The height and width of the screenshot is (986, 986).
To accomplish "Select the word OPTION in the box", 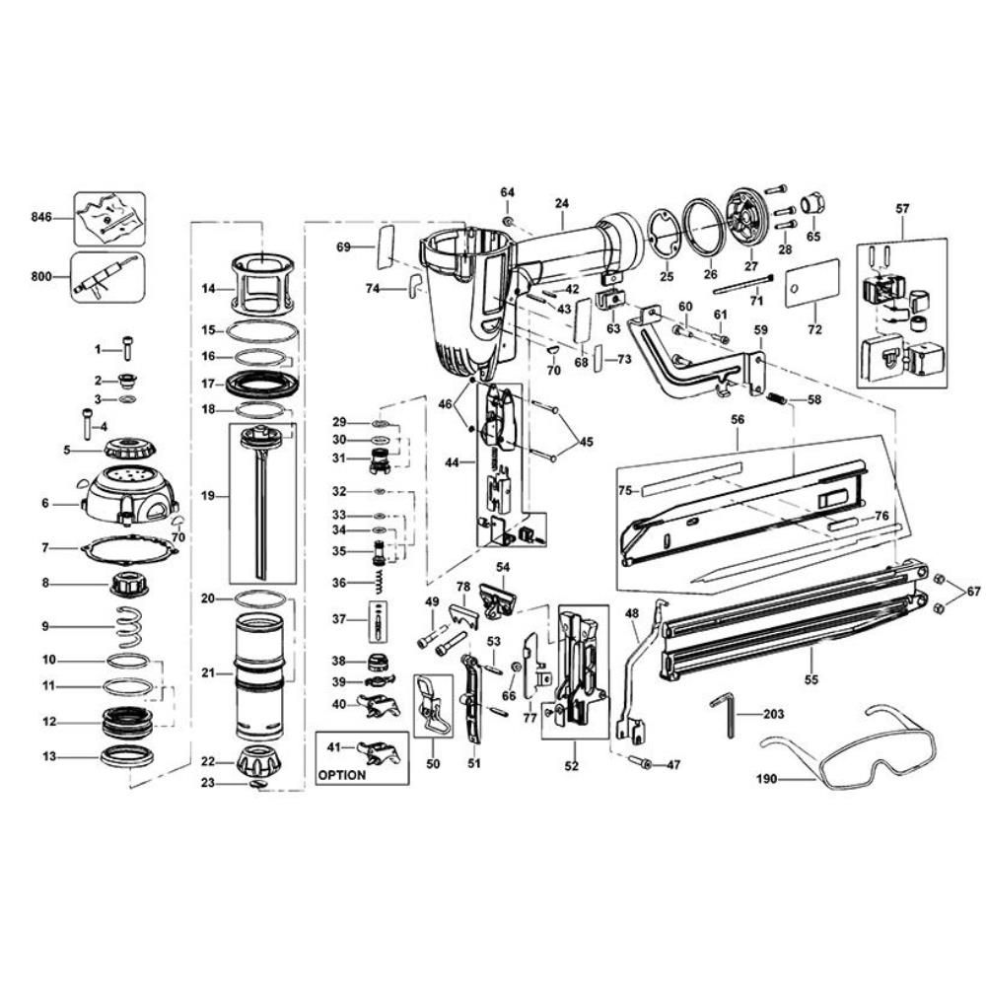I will click(342, 774).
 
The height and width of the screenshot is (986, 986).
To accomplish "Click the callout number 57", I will click(902, 208).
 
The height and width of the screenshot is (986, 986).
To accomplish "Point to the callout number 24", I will click(562, 204).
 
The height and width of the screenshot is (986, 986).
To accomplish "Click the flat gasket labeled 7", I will click(129, 548).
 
